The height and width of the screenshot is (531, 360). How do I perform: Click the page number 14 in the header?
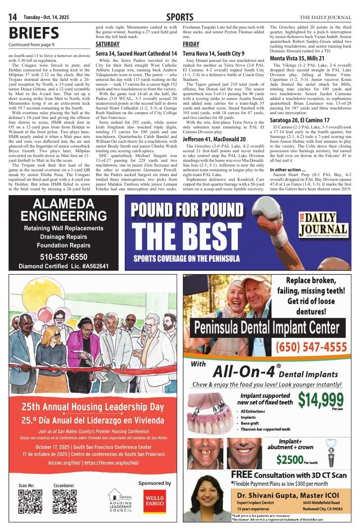[x=12, y=18]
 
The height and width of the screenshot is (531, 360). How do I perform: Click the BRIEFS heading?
[x=33, y=33]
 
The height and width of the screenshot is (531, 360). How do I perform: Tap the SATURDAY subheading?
[x=108, y=44]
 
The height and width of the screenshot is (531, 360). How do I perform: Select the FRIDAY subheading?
[x=191, y=44]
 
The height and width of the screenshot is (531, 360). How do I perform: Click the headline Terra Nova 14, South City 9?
[x=214, y=54]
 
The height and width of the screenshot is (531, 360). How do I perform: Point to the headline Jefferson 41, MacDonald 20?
[x=214, y=139]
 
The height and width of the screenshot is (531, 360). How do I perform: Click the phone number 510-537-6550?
[x=63, y=256]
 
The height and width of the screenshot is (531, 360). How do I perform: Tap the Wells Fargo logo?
[x=155, y=501]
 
